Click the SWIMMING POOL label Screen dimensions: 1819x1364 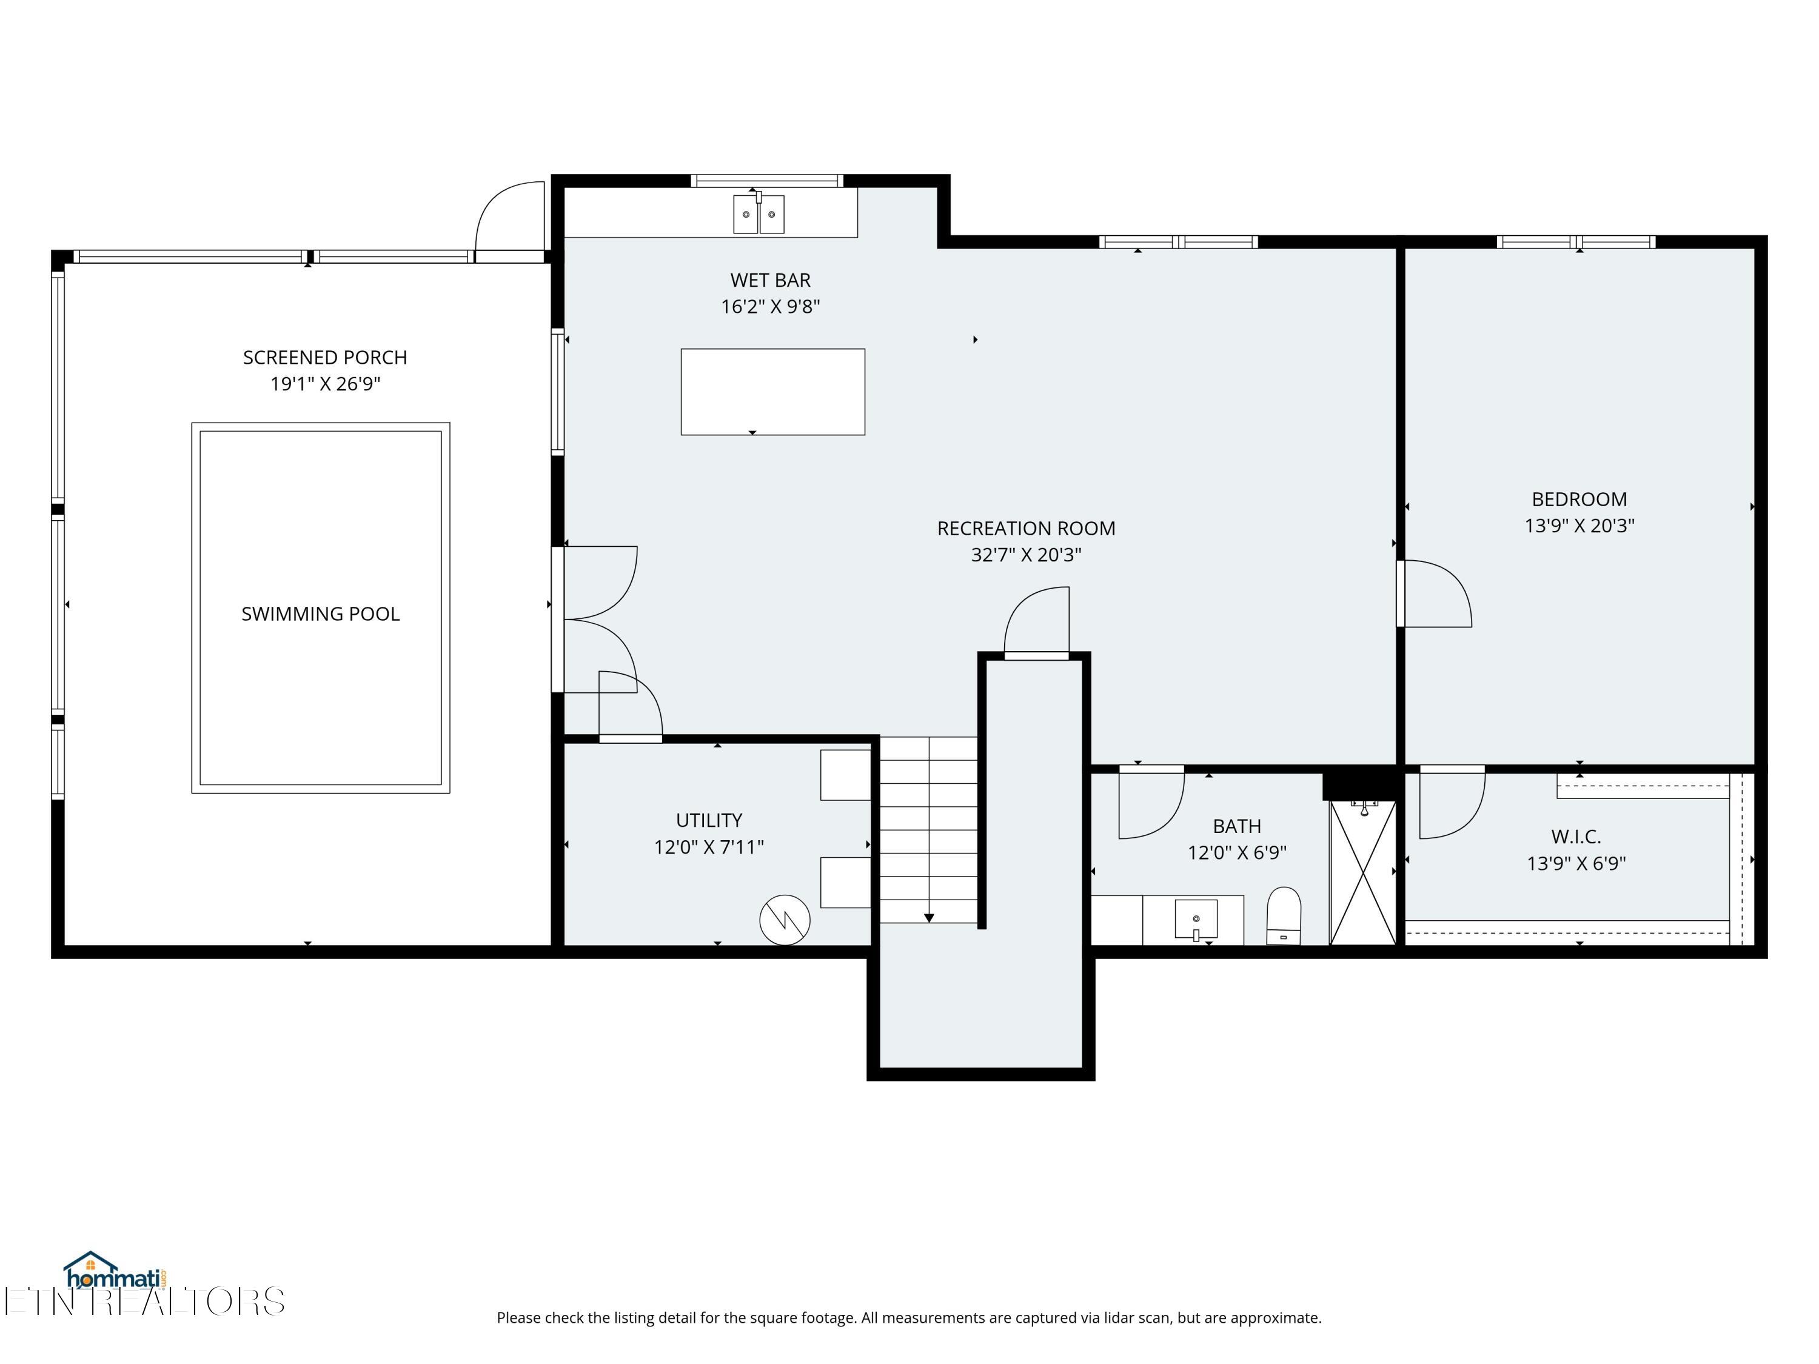point(321,614)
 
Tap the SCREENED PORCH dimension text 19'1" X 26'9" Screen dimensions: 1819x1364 point(326,384)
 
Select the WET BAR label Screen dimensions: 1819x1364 point(771,280)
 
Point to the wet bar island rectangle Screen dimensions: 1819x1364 point(773,392)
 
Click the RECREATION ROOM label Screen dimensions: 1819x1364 point(1027,529)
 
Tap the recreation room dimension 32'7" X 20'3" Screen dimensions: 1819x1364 point(1027,555)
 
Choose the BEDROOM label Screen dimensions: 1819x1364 point(1579,499)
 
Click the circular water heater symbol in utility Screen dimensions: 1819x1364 point(785,920)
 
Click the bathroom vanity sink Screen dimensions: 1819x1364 point(1196,919)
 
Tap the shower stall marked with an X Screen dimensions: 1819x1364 point(1364,873)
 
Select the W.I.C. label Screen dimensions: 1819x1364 point(1576,837)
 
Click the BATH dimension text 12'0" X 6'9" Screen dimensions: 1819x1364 point(1237,852)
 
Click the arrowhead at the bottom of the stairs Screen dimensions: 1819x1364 point(930,918)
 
